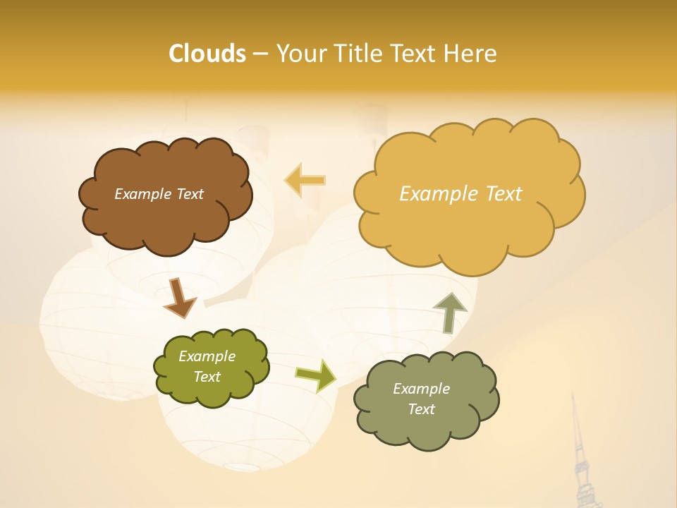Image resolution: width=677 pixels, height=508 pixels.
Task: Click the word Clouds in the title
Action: coord(207,54)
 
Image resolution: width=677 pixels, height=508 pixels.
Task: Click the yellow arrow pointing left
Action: coord(305,180)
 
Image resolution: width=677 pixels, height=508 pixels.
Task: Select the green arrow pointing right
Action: coord(316,375)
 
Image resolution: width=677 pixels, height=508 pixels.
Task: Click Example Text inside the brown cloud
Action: coord(159,194)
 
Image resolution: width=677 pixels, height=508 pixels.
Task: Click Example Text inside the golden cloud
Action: coord(461,194)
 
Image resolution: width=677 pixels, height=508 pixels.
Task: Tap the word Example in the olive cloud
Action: coord(207,356)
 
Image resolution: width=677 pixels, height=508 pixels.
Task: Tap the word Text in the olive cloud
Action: coord(207,377)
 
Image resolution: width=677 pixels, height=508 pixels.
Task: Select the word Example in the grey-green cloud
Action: coord(421,389)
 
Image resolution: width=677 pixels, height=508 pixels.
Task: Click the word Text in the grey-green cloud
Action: coord(421,409)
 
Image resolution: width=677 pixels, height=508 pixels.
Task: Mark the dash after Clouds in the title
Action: coord(260,54)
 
